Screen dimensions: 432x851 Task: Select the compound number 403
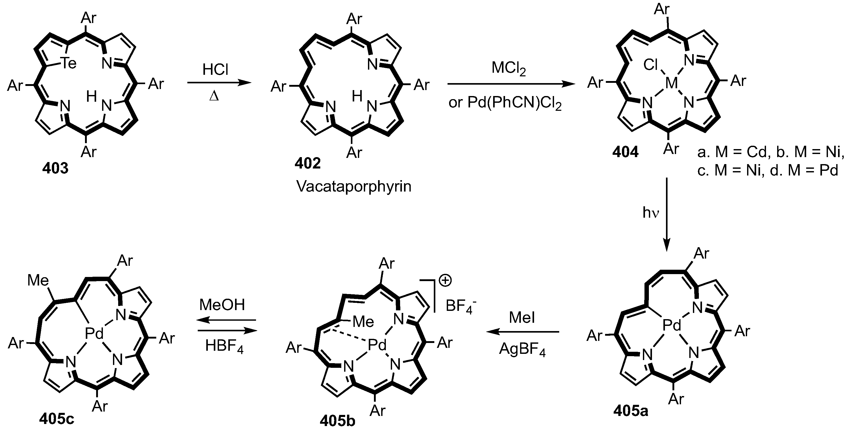55,168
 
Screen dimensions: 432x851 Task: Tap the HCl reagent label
216,70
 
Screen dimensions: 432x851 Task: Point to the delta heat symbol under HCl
214,97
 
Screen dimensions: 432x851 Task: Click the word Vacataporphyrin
354,186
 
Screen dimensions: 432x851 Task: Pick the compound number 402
308,163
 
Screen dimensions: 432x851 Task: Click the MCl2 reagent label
508,68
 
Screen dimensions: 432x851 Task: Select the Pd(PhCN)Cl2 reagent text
505,103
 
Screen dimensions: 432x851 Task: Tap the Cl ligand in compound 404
651,65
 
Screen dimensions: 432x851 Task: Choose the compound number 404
625,152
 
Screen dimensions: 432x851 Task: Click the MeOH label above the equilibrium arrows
222,305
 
